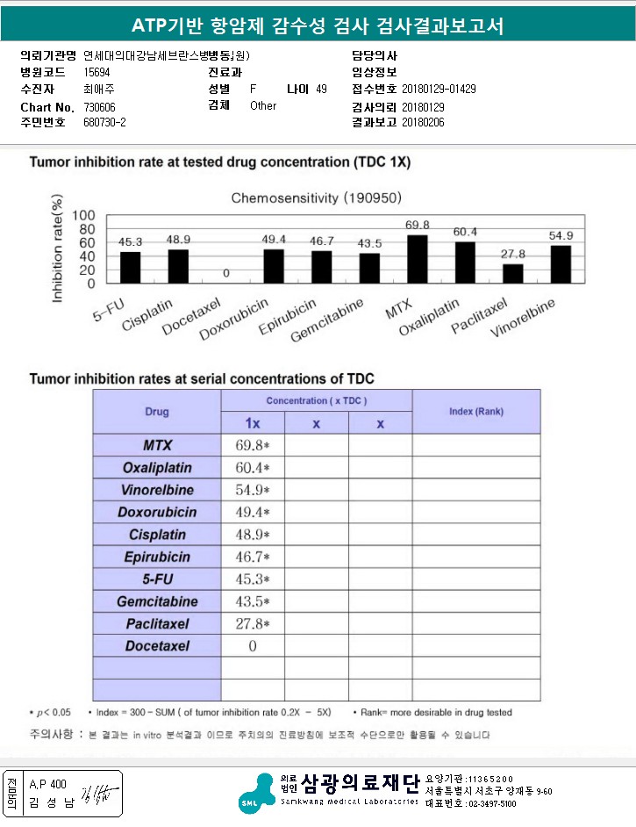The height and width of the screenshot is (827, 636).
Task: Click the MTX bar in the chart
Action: tap(418, 259)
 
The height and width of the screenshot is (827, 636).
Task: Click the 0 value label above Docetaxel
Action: tap(225, 274)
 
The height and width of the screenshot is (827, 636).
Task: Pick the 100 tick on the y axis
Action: tap(83, 216)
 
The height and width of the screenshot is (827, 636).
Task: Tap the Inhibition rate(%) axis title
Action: tap(58, 251)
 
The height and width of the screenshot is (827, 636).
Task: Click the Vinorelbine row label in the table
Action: tap(157, 490)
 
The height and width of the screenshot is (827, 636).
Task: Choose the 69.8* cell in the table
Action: tap(253, 445)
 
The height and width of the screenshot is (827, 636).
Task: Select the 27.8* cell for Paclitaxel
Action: tap(253, 624)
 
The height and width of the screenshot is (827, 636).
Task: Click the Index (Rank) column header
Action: tap(476, 411)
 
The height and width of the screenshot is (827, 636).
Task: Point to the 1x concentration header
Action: tap(253, 423)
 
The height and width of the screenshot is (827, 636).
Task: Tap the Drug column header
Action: tap(157, 412)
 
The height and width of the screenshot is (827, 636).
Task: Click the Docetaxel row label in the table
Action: tap(157, 646)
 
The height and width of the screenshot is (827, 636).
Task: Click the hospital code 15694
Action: tap(96, 72)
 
